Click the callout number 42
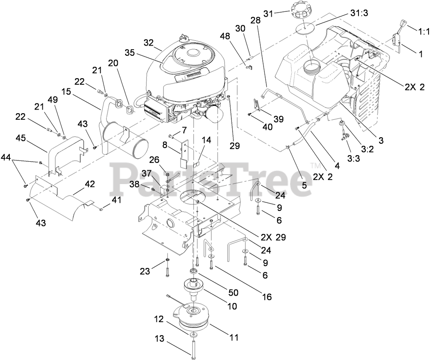90,184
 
